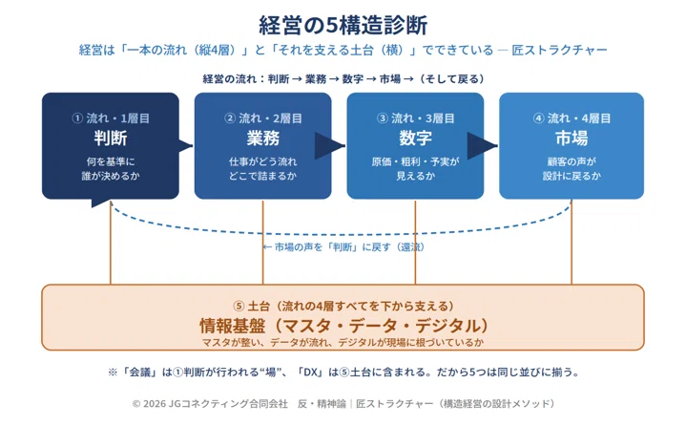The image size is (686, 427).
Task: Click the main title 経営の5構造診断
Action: tap(343, 25)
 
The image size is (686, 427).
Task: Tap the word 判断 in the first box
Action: tap(111, 139)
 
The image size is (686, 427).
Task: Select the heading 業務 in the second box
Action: tap(263, 139)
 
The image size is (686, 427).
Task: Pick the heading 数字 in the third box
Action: tap(415, 139)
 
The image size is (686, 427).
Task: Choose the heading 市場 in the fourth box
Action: tap(572, 139)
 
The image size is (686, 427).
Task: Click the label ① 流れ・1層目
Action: tap(111, 118)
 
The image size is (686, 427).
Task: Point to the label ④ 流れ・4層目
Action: tap(572, 118)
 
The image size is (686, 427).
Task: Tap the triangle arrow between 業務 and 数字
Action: tap(330, 146)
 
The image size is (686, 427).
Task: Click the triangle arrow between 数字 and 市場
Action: tap(482, 146)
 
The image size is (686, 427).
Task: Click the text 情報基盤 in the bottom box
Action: tap(232, 326)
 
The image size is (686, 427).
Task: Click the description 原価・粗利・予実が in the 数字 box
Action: tap(415, 161)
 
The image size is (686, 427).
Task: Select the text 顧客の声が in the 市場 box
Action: tap(572, 161)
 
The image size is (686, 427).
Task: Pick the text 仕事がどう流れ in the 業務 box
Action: tap(263, 161)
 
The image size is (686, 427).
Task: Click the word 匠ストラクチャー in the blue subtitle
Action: tap(559, 50)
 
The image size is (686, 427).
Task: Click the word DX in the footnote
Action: tap(310, 373)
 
